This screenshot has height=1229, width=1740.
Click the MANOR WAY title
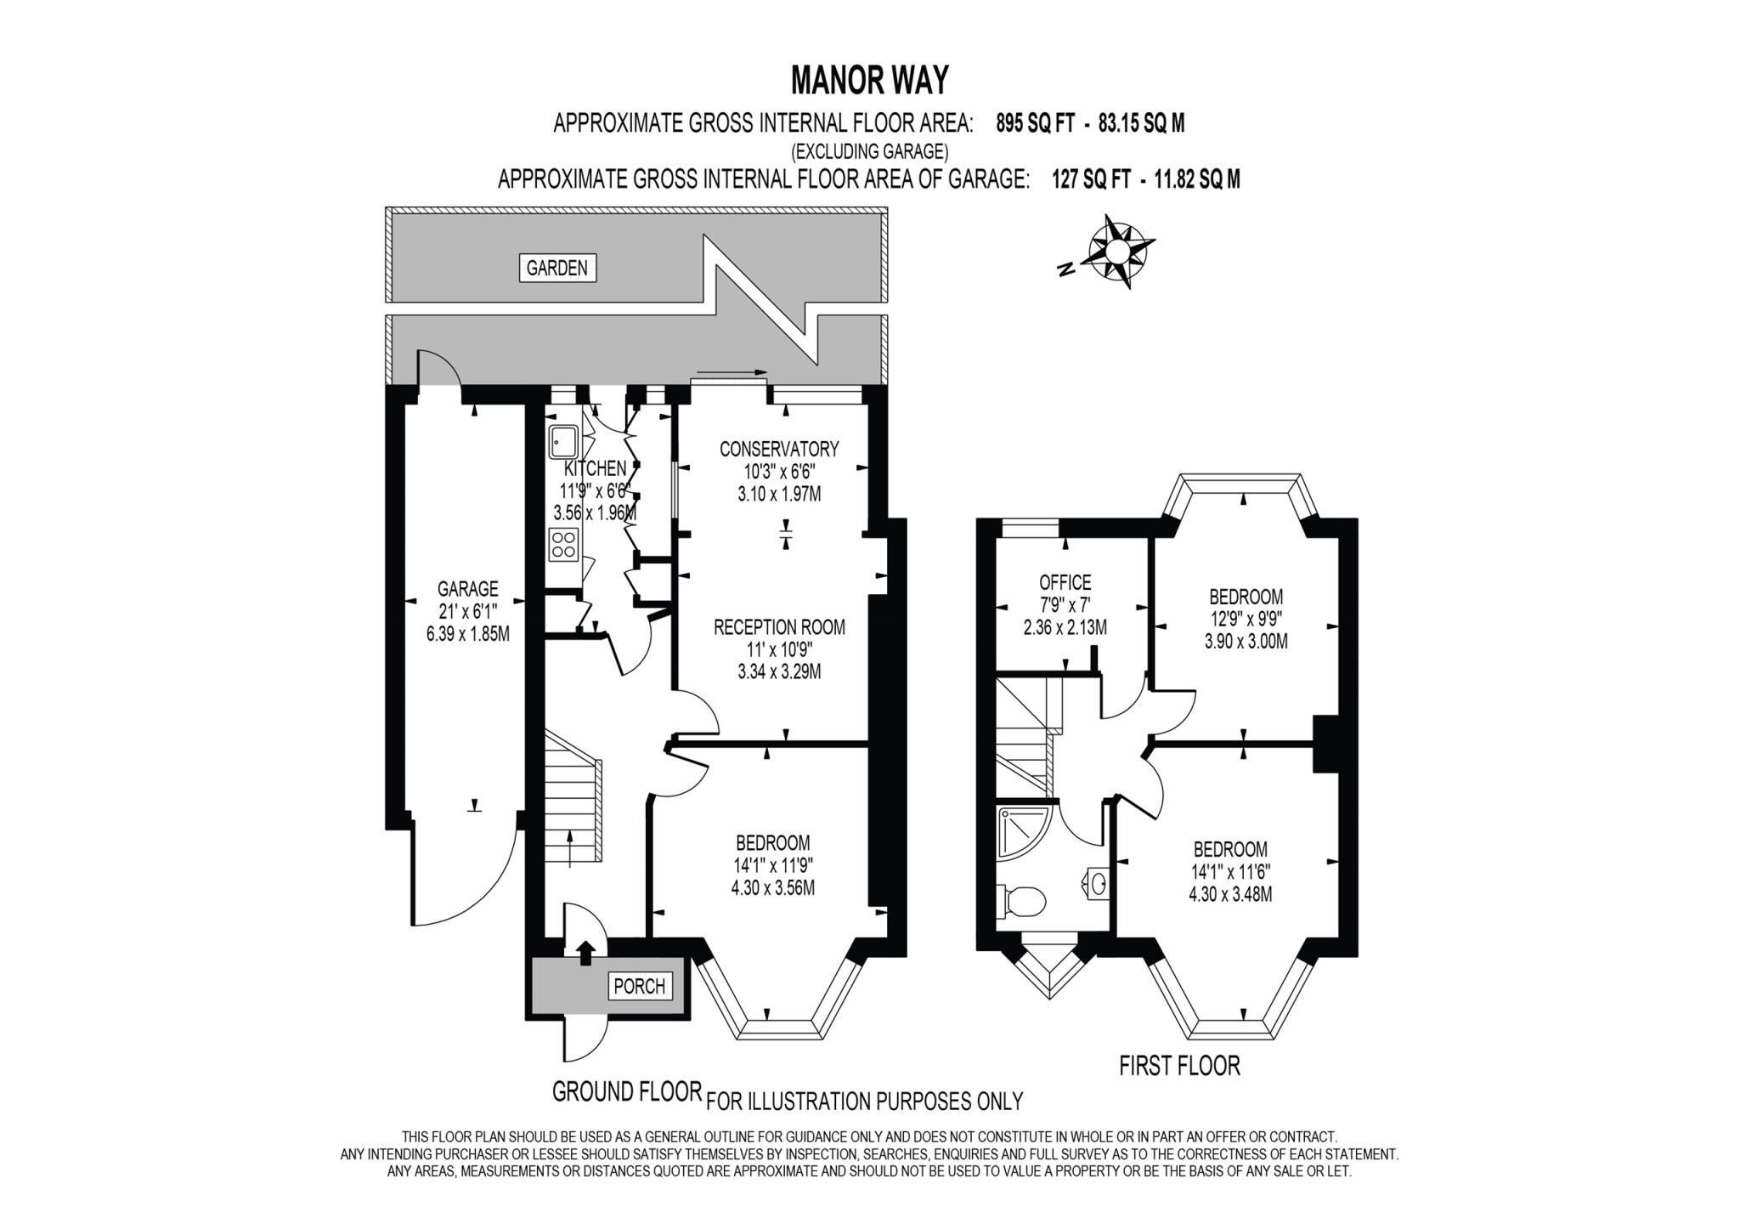click(x=869, y=81)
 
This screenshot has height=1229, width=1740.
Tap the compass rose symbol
click(x=1118, y=251)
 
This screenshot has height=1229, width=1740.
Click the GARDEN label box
click(x=556, y=269)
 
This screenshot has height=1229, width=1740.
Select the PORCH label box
click(x=639, y=986)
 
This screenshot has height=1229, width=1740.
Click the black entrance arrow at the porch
click(x=585, y=952)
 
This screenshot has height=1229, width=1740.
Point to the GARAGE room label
click(x=467, y=589)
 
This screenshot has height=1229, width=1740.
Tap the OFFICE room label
click(x=1065, y=582)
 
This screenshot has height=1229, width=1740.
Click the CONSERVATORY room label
click(x=778, y=449)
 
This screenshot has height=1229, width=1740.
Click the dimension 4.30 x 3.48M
click(x=1230, y=893)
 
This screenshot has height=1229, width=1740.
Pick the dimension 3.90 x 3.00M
click(x=1246, y=642)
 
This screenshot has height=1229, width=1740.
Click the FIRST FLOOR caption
click(x=1179, y=1066)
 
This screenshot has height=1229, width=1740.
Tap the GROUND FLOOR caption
click(x=626, y=1091)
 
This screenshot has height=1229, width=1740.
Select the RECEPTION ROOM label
click(x=779, y=627)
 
